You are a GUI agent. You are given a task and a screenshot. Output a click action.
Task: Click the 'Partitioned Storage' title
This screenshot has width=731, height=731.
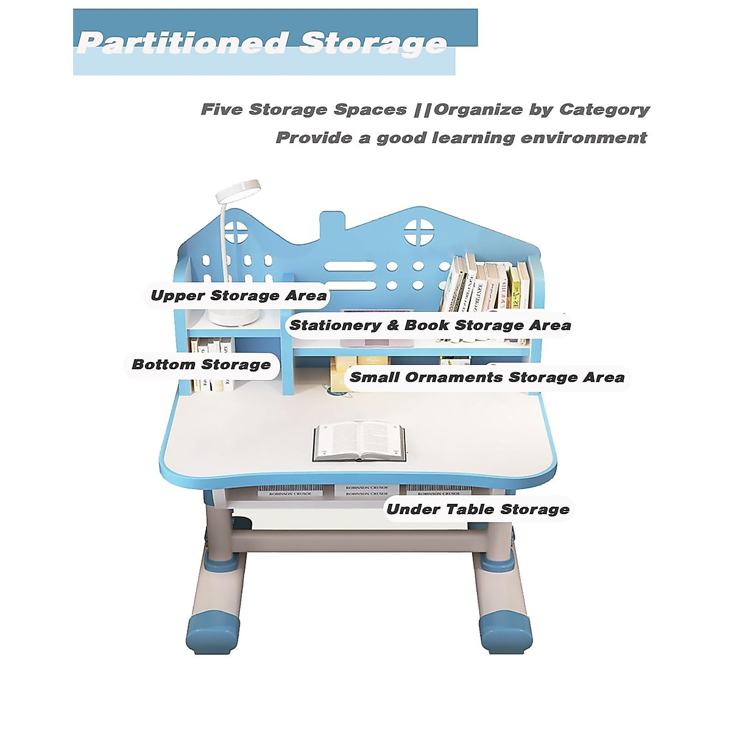(x=262, y=43)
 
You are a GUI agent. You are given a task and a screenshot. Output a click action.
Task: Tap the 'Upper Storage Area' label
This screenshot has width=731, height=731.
(x=239, y=296)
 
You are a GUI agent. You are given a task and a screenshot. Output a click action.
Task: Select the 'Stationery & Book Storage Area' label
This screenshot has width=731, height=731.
(x=430, y=325)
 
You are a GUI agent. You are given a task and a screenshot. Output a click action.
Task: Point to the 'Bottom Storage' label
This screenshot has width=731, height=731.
(x=201, y=365)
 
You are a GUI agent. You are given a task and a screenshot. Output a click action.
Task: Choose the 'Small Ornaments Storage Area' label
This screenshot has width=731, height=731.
(x=487, y=378)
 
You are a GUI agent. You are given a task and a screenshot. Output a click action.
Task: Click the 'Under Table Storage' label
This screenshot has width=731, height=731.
(x=478, y=509)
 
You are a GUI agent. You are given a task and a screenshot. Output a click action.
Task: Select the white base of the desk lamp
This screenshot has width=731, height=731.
(x=235, y=316)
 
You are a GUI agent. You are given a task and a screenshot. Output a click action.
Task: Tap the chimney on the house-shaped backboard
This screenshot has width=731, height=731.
(x=333, y=228)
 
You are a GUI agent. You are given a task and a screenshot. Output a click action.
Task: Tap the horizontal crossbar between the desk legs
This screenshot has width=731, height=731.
(x=359, y=539)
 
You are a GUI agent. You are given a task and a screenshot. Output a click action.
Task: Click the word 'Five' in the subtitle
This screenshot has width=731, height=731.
(x=222, y=110)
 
